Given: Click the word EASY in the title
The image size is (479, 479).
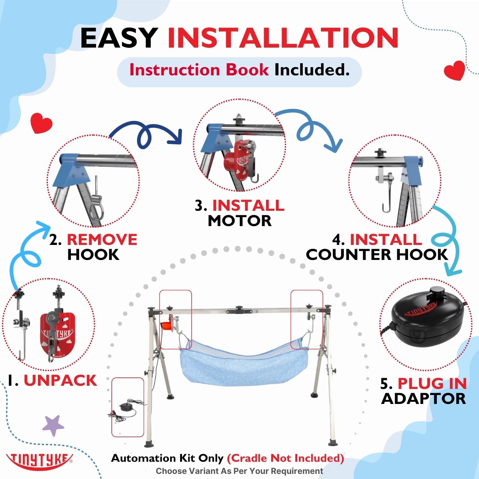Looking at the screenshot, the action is coord(119,38).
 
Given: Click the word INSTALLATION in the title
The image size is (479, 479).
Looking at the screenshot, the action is coord(283,38).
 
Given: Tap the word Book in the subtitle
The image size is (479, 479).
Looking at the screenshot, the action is coord(247,70).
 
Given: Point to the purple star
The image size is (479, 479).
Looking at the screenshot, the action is coord(53,425).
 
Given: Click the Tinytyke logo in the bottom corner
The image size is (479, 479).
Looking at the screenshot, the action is coord(40,460).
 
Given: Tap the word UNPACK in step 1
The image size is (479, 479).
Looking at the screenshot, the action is coord(60,380).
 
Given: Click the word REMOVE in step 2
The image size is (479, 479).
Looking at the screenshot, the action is coord(102,240).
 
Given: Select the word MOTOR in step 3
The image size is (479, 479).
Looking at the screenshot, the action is coord(240,221).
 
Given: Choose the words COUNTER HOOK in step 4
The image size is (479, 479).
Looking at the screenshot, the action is coord(377,255).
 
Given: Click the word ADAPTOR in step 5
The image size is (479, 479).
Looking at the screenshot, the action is coord(423,399).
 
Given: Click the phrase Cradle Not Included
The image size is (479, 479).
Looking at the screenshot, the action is coord(285,458).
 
